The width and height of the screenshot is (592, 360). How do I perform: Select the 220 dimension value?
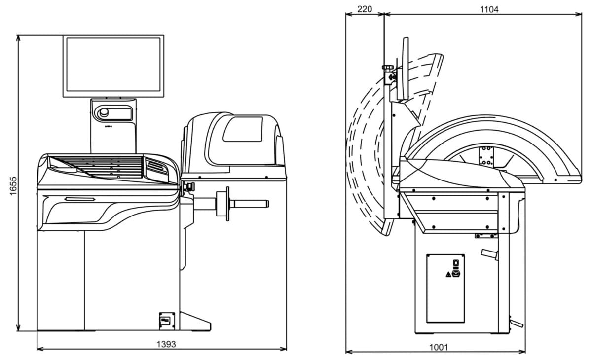pos(364,9)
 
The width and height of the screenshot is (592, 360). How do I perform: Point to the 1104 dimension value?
pos(489,9)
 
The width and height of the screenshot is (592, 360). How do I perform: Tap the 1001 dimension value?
pos(438,347)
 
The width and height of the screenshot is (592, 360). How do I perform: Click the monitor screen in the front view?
pos(113,65)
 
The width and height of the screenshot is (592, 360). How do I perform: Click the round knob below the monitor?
pos(104,113)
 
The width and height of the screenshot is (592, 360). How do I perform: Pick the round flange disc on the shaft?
pos(228,202)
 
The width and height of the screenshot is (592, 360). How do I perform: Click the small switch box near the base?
pos(166,320)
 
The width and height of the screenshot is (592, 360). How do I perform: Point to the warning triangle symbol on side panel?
pos(448,273)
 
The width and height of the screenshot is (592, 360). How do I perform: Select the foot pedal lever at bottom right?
pos(516,324)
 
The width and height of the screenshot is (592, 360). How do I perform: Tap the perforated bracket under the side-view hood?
pos(486,156)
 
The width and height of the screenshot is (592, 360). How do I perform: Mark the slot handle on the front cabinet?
pos(79,199)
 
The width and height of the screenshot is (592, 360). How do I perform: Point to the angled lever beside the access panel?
pos(489,254)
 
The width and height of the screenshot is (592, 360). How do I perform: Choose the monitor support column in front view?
pos(113,125)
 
